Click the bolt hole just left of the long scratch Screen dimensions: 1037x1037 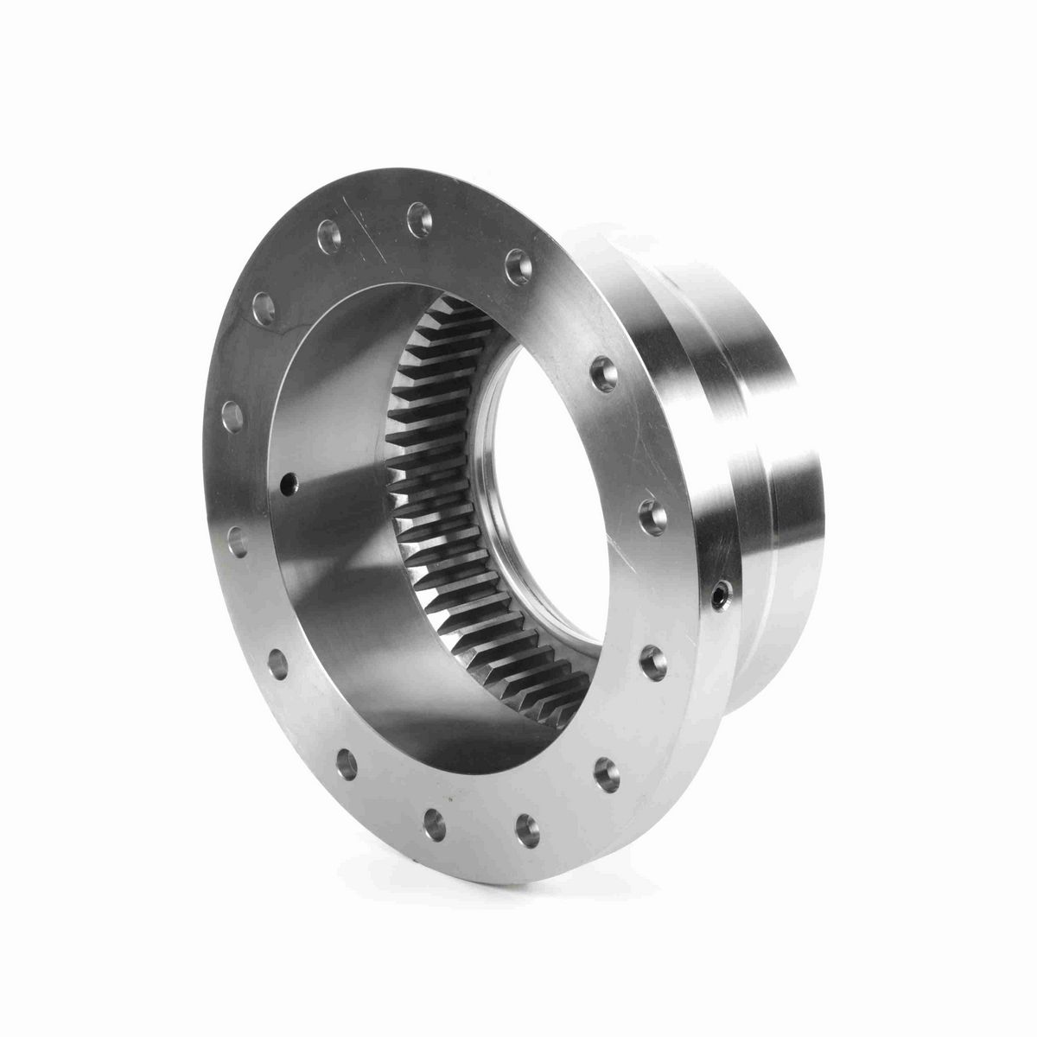pos(328,232)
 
